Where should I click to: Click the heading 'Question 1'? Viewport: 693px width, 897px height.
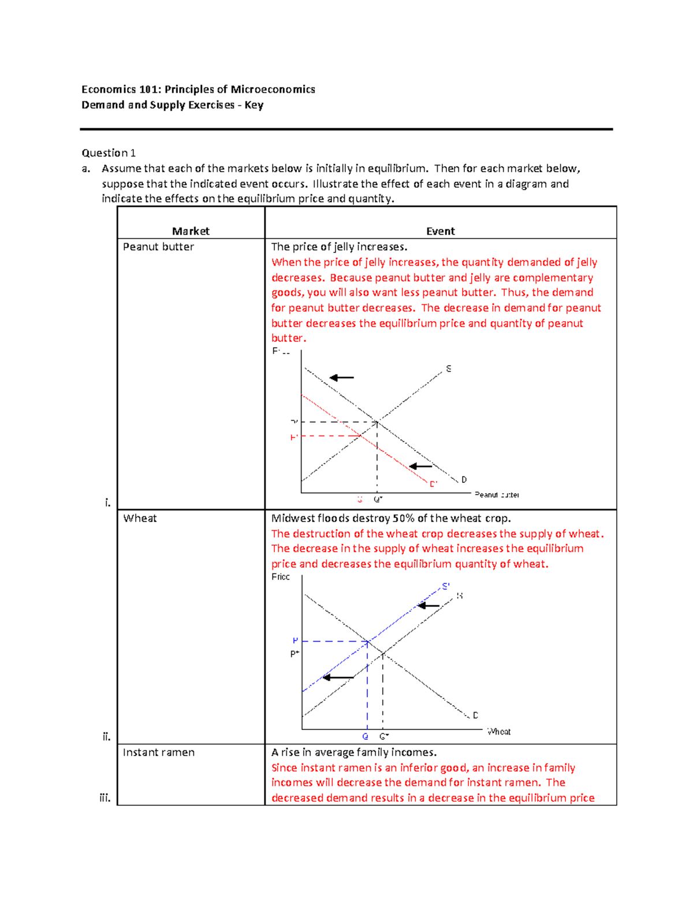pyautogui.click(x=109, y=153)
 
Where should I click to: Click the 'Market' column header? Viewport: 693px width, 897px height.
pyautogui.click(x=191, y=231)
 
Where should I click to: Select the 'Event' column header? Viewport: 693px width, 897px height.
pyautogui.click(x=440, y=231)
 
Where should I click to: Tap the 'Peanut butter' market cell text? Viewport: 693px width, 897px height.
pyautogui.click(x=158, y=247)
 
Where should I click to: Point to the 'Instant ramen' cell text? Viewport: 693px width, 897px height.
pyautogui.click(x=159, y=752)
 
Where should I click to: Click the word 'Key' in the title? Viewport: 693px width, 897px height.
pyautogui.click(x=254, y=105)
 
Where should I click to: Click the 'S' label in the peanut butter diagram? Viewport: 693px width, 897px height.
pyautogui.click(x=449, y=369)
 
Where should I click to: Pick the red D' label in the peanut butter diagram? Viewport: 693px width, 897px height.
pyautogui.click(x=433, y=484)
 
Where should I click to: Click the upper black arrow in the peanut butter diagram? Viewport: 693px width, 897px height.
pyautogui.click(x=341, y=378)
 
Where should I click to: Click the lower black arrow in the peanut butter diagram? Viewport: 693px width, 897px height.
pyautogui.click(x=420, y=466)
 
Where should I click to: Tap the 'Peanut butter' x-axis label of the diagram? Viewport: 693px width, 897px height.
pyautogui.click(x=497, y=495)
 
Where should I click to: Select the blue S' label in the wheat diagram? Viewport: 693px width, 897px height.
pyautogui.click(x=446, y=586)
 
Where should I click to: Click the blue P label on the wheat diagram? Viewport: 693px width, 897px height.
pyautogui.click(x=295, y=641)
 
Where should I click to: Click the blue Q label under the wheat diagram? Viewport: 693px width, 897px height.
pyautogui.click(x=365, y=736)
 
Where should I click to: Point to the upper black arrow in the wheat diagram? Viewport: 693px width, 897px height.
pyautogui.click(x=429, y=606)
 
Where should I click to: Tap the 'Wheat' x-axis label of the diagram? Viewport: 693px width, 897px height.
pyautogui.click(x=499, y=732)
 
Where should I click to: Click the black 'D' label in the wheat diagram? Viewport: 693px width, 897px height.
pyautogui.click(x=475, y=715)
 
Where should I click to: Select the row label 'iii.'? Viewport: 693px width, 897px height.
pyautogui.click(x=105, y=798)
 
